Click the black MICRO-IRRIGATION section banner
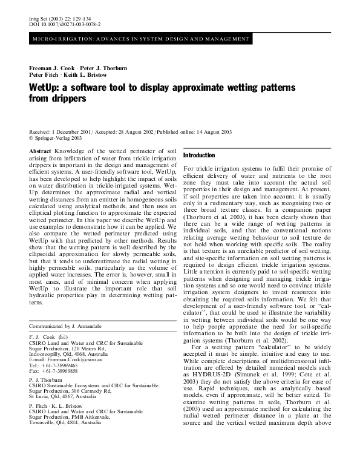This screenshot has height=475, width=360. pyautogui.click(x=140, y=39)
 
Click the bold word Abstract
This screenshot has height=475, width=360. pyautogui.click(x=40, y=149)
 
